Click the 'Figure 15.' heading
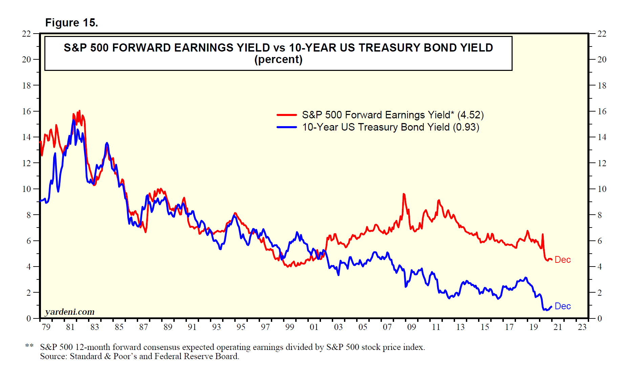[71, 23]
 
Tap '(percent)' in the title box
[278, 59]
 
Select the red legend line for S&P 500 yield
[287, 115]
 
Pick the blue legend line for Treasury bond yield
[287, 127]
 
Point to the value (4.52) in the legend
[470, 115]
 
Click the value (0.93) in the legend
[466, 127]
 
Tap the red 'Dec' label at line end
[563, 260]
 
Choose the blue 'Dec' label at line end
[563, 306]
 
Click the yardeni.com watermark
[70, 312]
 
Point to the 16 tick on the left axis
[26, 111]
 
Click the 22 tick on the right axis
[602, 34]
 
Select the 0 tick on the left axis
[29, 318]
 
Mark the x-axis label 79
[46, 327]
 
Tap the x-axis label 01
[314, 327]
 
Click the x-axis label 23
[582, 327]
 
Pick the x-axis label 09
[411, 327]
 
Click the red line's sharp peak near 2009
[404, 194]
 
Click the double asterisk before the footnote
[29, 346]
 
